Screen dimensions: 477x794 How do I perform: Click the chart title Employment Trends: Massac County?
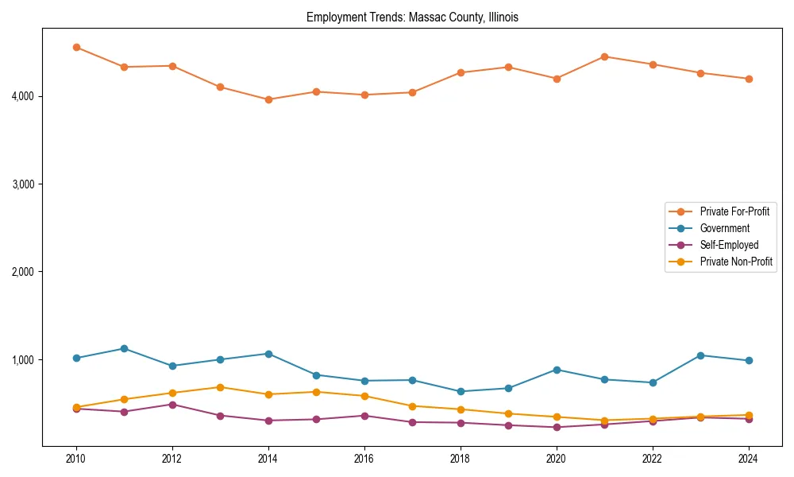point(412,17)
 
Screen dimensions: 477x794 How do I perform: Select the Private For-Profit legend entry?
point(734,211)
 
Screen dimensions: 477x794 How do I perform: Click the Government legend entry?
point(724,228)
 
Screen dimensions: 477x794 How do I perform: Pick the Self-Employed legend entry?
point(729,245)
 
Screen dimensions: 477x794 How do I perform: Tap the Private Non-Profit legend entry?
point(736,262)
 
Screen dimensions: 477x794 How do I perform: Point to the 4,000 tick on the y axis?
point(23,96)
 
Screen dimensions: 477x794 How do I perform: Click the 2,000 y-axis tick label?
point(23,272)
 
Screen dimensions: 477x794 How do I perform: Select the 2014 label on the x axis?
point(268,458)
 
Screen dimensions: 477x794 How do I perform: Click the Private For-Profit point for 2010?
point(76,47)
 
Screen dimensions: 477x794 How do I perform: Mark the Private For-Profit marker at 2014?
point(268,99)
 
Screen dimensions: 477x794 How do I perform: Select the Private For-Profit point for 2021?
point(604,56)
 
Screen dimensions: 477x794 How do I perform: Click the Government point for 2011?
point(124,348)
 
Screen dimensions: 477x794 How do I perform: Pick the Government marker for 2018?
point(461,391)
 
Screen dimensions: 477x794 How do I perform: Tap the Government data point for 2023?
point(700,355)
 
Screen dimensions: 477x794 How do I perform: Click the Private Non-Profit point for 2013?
point(220,387)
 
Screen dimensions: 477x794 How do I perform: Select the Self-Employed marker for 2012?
point(172,404)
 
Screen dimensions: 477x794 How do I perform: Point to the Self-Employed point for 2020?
point(557,427)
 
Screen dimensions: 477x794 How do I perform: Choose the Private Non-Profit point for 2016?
point(364,396)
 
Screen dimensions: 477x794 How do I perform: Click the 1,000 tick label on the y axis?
point(23,360)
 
